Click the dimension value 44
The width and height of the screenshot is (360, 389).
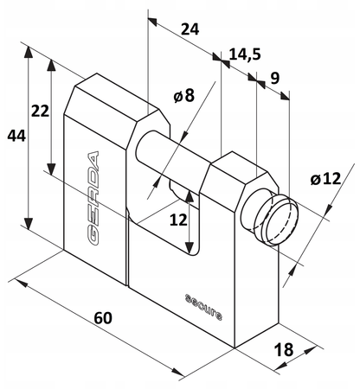coord(16,136)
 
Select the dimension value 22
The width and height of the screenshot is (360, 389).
coord(40,111)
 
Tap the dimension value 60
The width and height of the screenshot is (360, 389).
coord(103,318)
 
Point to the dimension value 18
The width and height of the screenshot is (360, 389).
coord(283,349)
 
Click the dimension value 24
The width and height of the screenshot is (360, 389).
coord(190,29)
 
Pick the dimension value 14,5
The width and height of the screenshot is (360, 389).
coord(245,54)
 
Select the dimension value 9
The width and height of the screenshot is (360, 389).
coord(275,78)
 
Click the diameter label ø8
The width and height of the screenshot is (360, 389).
coord(184,95)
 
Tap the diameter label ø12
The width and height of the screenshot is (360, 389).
coord(325,179)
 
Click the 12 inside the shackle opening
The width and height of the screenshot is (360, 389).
coord(178,220)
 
